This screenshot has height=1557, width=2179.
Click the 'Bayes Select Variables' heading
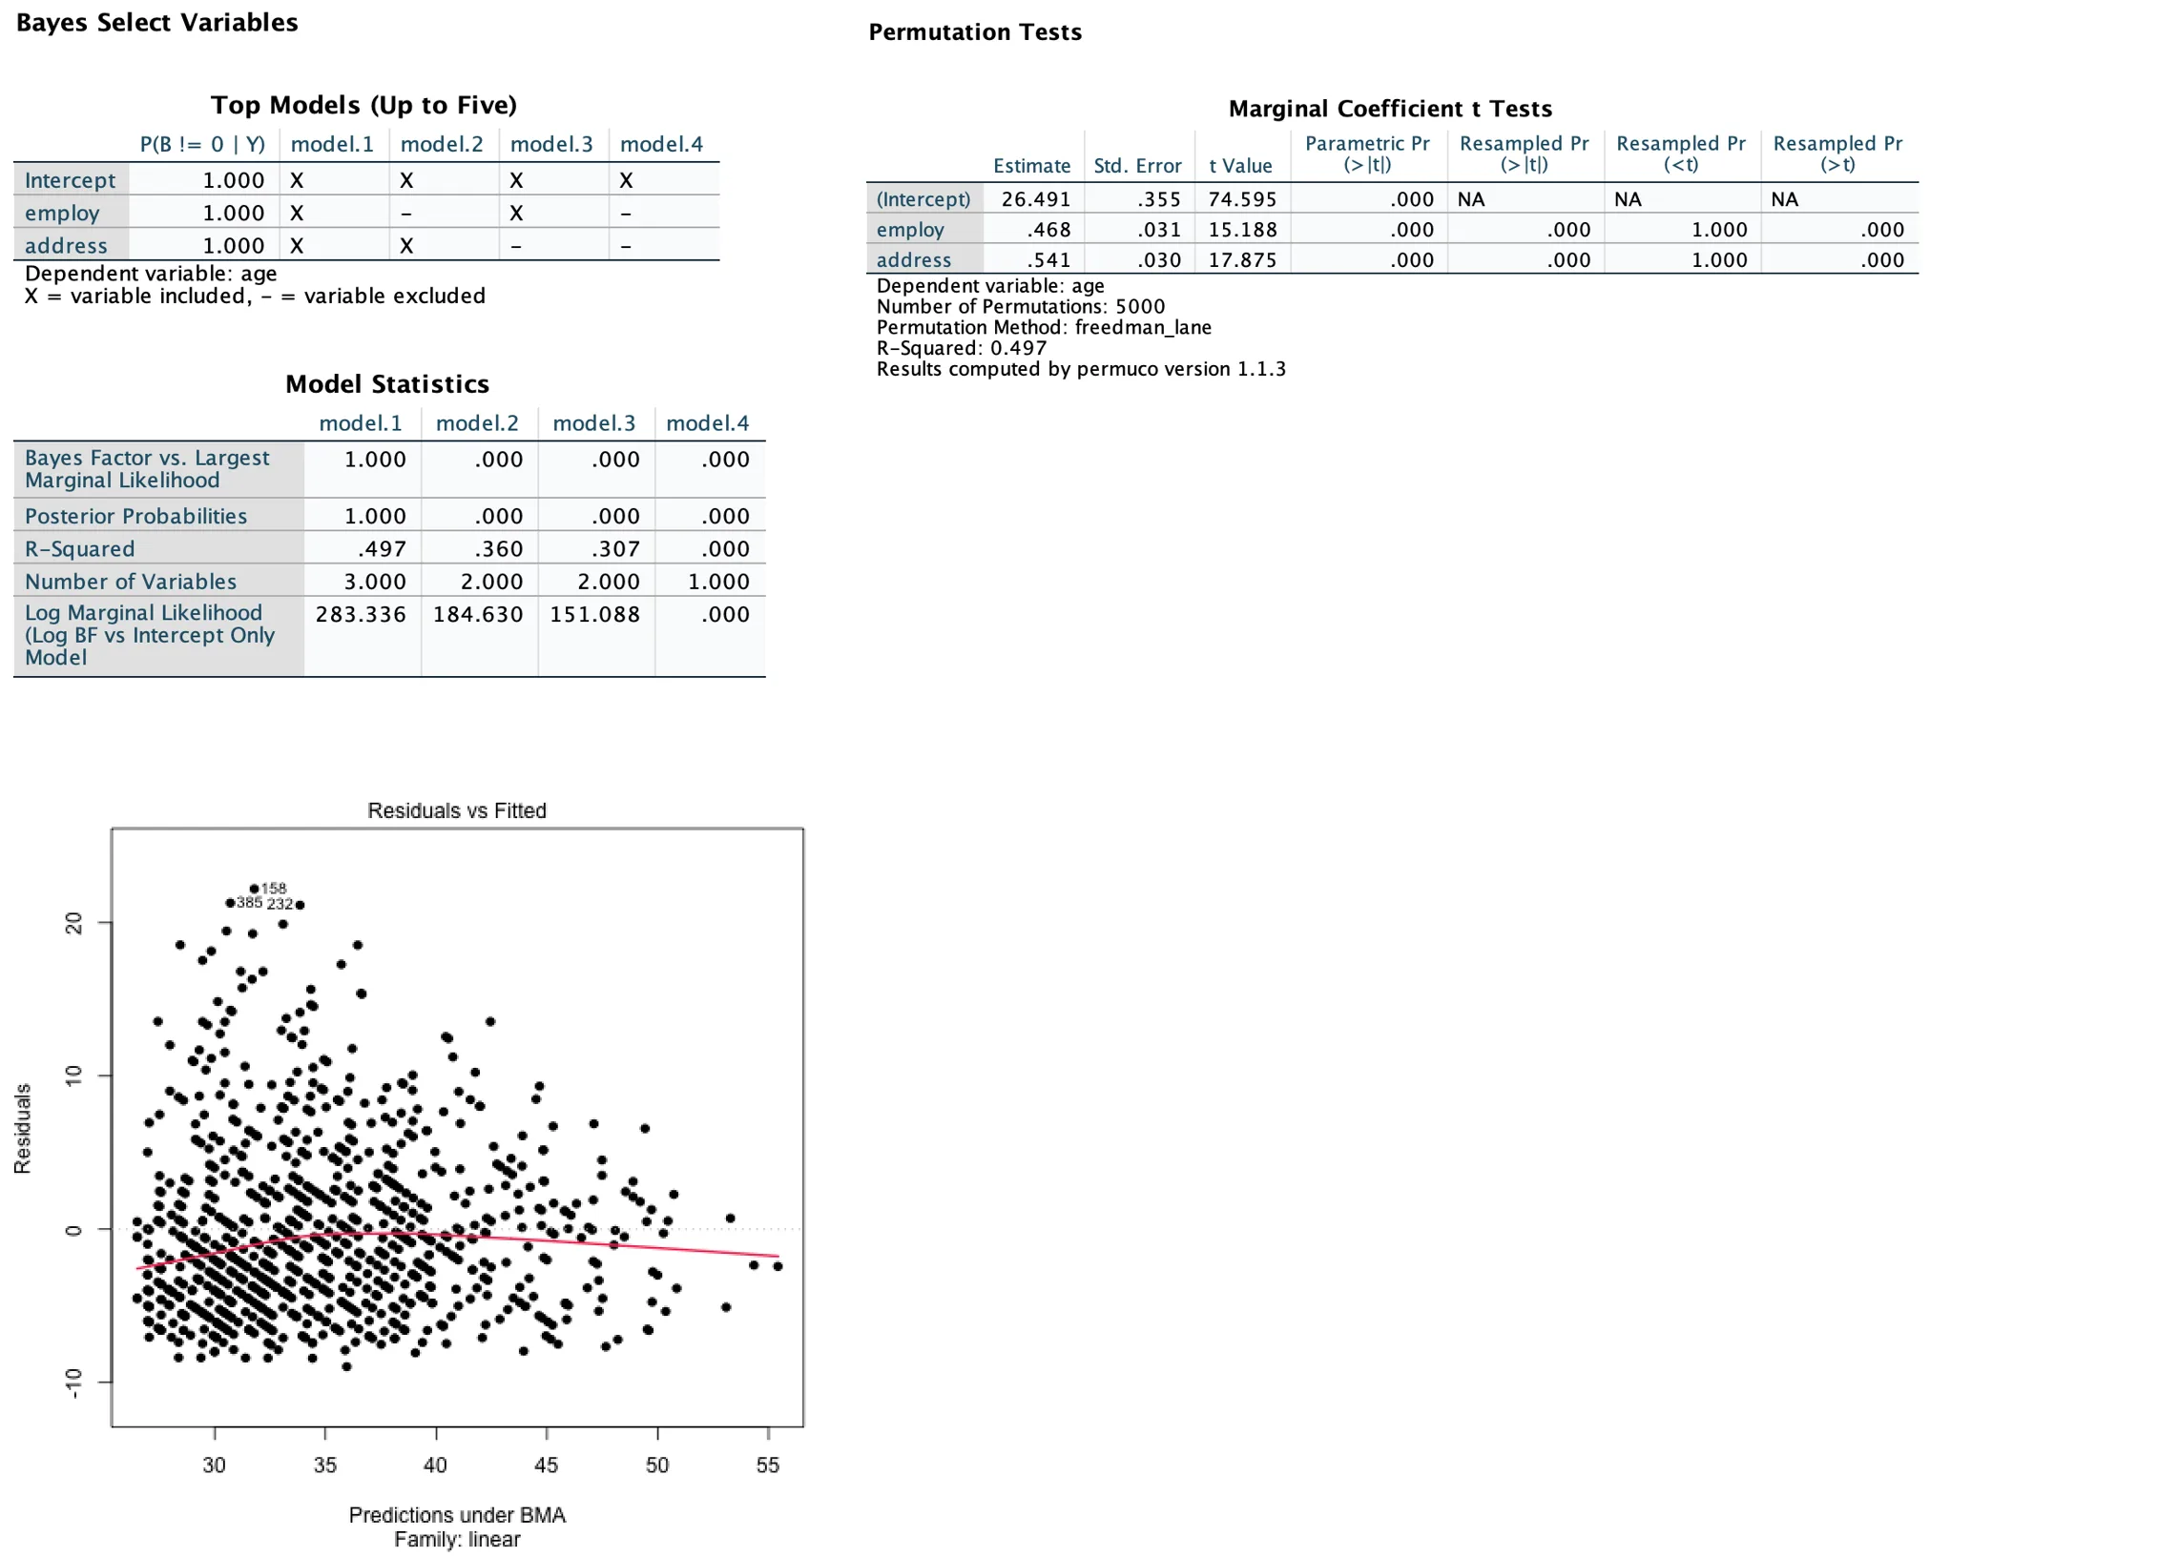157,23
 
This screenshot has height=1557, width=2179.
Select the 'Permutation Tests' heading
974,32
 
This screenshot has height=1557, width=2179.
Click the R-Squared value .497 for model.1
382,548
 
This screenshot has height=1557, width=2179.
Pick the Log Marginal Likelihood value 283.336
361,614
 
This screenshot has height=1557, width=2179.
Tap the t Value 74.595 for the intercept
1242,199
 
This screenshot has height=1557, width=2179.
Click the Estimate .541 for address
1048,260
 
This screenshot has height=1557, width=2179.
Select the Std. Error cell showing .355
1159,199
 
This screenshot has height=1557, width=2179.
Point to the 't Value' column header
1240,166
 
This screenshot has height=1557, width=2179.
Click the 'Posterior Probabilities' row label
136,516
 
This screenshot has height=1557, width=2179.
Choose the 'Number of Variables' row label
131,581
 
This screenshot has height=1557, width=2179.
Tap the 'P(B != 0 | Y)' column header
202,145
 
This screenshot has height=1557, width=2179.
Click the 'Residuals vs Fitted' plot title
457,810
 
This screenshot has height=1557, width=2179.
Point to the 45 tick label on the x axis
546,1464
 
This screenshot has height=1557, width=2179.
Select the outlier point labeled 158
254,889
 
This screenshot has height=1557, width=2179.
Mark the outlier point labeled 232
301,905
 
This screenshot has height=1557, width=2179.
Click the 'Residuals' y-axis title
22,1129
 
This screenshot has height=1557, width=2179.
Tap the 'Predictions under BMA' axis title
457,1515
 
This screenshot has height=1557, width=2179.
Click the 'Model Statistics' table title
387,384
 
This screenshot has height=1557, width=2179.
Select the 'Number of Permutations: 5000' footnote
1021,307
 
